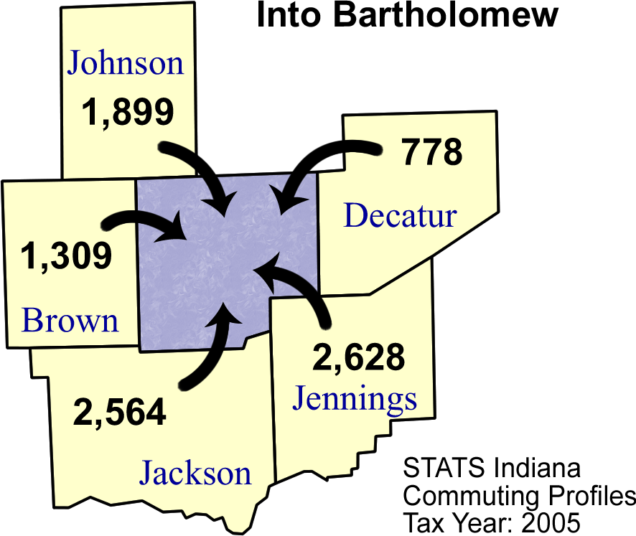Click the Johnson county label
(x=126, y=63)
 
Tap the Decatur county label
(x=399, y=215)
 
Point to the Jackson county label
(x=195, y=474)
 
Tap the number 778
(x=431, y=152)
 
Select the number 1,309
(x=66, y=256)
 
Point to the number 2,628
(x=359, y=357)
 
